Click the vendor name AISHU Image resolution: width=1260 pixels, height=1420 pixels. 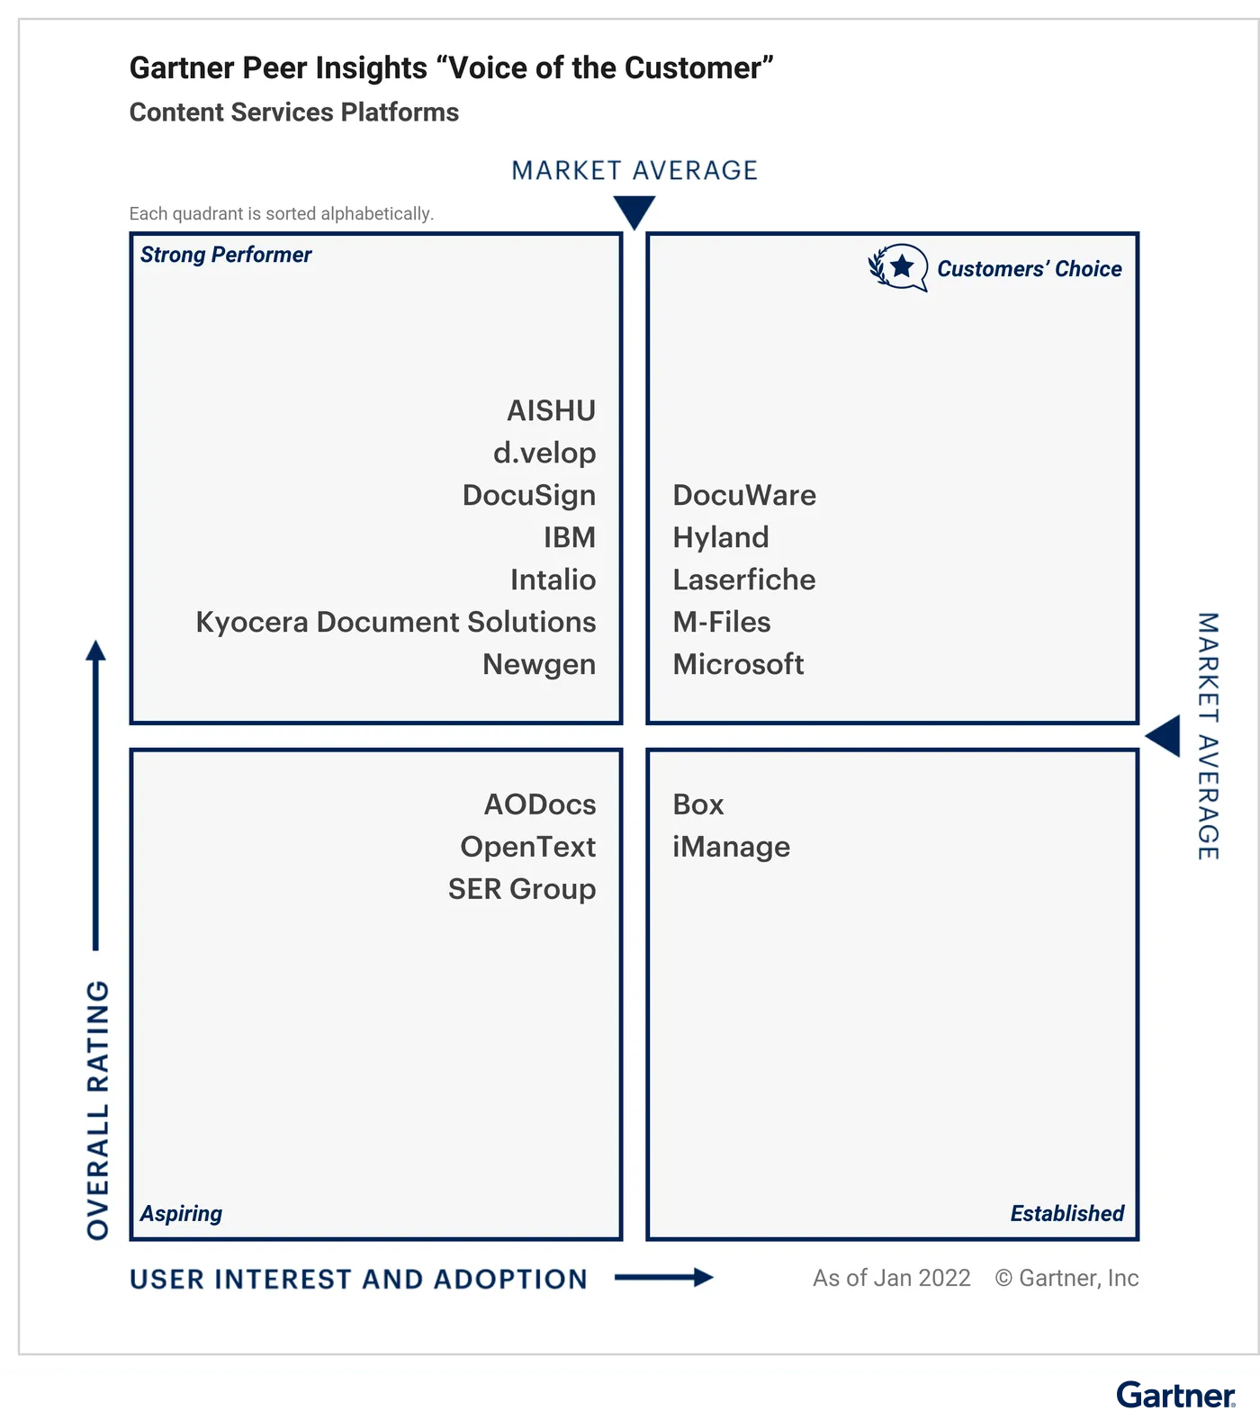point(551,410)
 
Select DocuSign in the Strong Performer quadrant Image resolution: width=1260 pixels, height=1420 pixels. point(529,496)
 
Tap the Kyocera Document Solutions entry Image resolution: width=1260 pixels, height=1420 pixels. point(396,622)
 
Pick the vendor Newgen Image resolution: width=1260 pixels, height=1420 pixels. point(539,665)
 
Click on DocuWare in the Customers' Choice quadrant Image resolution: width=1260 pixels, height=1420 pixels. point(744,495)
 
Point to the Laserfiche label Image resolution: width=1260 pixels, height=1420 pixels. point(744,580)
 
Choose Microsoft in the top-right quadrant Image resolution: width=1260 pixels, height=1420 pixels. point(738,664)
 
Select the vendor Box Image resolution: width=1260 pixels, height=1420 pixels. point(698,804)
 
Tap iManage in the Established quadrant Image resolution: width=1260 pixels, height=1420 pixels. point(732,848)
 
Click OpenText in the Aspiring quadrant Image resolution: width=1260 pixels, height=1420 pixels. point(528,847)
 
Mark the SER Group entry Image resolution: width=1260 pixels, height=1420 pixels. point(522,889)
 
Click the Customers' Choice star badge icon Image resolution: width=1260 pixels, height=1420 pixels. point(898,267)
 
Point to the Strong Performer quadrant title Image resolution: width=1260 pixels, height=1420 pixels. point(226,255)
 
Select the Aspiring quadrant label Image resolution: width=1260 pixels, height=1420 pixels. point(181,1214)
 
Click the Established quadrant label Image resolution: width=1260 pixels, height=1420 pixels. point(1067,1213)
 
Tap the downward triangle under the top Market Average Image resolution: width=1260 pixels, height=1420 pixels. point(634,211)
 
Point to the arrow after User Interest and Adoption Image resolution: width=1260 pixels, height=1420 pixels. point(664,1277)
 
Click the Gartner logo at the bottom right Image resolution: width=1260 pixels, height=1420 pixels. point(1175,1395)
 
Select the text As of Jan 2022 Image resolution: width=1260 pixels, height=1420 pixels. point(891,1278)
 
